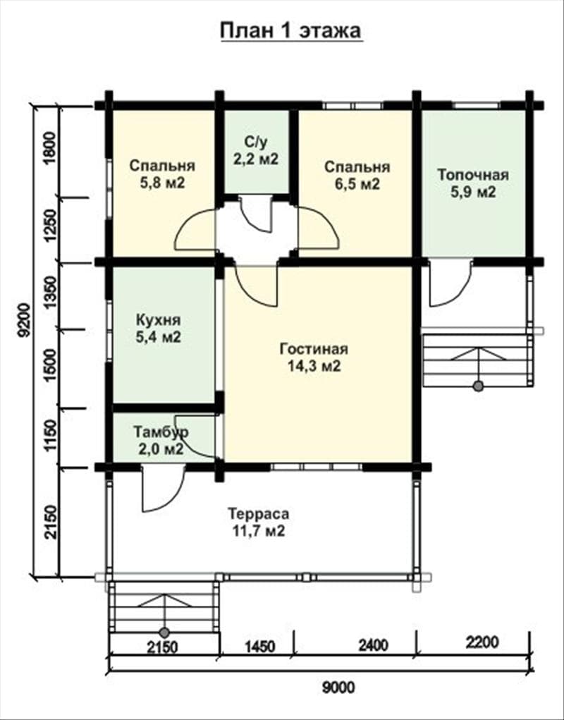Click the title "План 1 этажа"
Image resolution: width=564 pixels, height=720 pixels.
click(x=291, y=31)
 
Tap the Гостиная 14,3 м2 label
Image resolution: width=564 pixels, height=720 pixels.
click(x=314, y=358)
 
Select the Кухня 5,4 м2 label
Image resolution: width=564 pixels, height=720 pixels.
click(x=159, y=329)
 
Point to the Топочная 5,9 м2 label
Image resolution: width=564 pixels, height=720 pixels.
click(x=473, y=183)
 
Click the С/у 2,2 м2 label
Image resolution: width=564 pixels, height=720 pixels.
click(x=256, y=151)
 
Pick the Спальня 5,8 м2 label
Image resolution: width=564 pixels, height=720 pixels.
click(x=162, y=174)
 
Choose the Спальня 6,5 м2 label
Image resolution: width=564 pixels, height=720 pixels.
click(x=357, y=176)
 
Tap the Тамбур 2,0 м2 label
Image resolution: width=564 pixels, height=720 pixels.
click(x=161, y=440)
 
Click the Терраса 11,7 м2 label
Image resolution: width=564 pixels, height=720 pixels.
click(x=259, y=522)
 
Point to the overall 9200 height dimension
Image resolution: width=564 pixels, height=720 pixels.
click(x=24, y=320)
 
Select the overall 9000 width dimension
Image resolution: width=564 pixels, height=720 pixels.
click(x=338, y=688)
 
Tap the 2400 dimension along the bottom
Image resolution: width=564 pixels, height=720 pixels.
click(x=373, y=645)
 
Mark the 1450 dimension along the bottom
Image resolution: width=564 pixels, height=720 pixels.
click(x=259, y=647)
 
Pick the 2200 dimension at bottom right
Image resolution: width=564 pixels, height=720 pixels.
click(x=482, y=642)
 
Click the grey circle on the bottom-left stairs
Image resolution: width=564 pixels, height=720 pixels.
click(x=164, y=633)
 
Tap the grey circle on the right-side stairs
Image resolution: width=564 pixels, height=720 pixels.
click(x=478, y=386)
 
